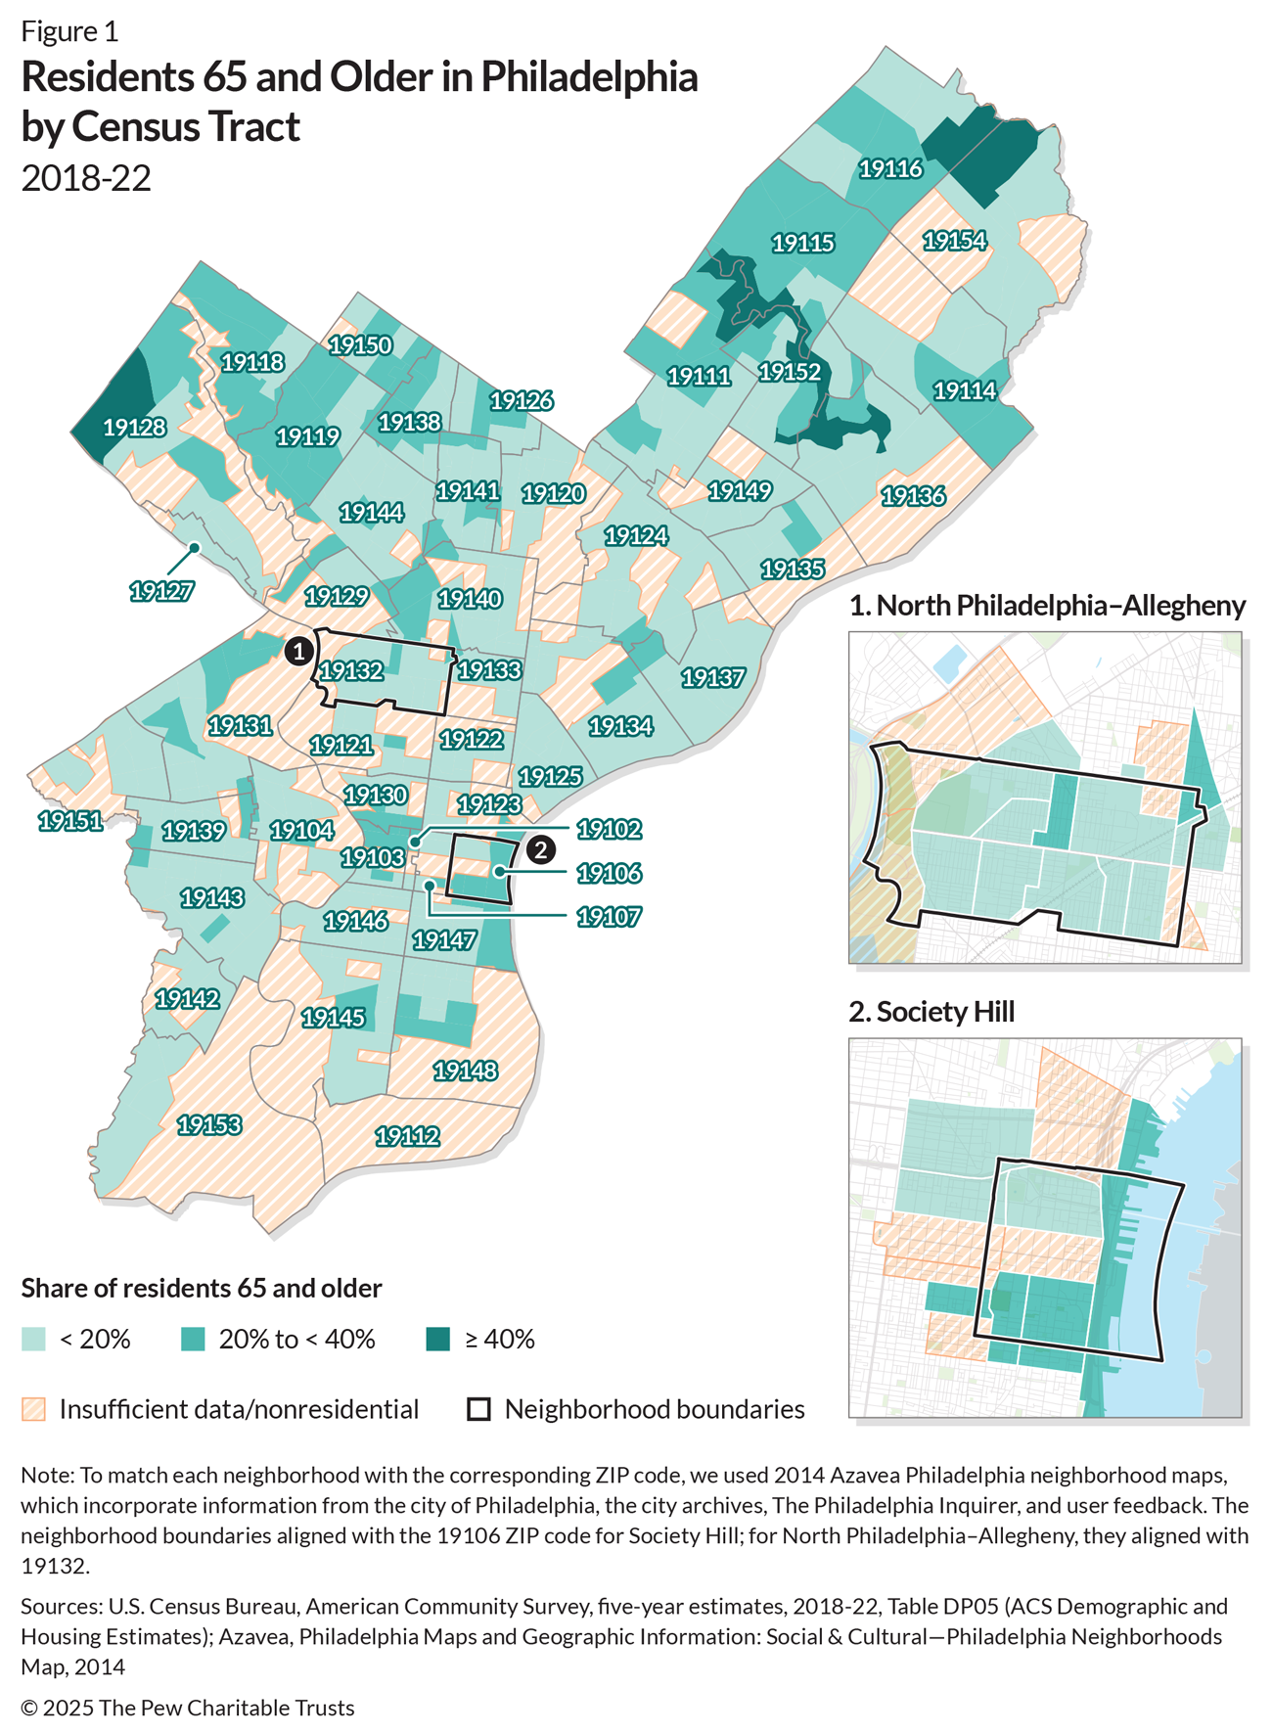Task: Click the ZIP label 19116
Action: pyautogui.click(x=890, y=169)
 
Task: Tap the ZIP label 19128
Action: pyautogui.click(x=134, y=428)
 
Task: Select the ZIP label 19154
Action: pyautogui.click(x=954, y=241)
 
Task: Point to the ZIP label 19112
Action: pyautogui.click(x=407, y=1137)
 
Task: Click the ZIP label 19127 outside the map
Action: pyautogui.click(x=161, y=591)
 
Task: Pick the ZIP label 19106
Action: pyautogui.click(x=609, y=873)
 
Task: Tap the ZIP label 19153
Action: pyautogui.click(x=208, y=1125)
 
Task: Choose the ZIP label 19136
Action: pyautogui.click(x=913, y=496)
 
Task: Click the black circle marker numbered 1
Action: pyautogui.click(x=298, y=651)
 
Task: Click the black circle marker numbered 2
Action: pyautogui.click(x=540, y=849)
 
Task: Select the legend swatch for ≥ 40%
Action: pyautogui.click(x=438, y=1340)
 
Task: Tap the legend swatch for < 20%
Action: pyautogui.click(x=33, y=1340)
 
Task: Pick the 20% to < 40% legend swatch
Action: pyautogui.click(x=193, y=1340)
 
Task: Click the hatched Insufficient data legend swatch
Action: pyautogui.click(x=33, y=1410)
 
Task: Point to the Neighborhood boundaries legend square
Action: pyautogui.click(x=478, y=1410)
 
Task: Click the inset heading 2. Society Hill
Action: pyautogui.click(x=931, y=1012)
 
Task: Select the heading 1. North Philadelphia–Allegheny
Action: pyautogui.click(x=1047, y=606)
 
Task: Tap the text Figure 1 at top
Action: pyautogui.click(x=69, y=31)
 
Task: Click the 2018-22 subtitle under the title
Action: pyautogui.click(x=86, y=178)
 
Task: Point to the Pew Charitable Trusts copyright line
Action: pyautogui.click(x=188, y=1708)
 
